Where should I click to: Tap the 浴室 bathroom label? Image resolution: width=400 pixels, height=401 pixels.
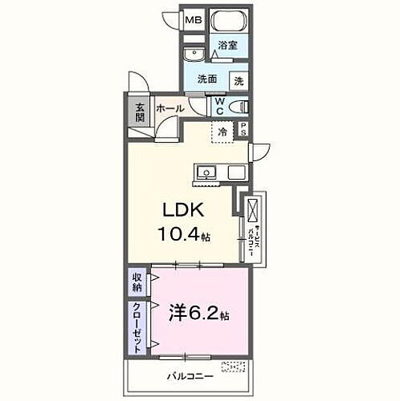[228, 47]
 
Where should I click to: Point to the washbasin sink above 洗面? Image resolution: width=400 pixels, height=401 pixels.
[194, 55]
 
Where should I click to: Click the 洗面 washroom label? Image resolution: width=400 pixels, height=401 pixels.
[208, 79]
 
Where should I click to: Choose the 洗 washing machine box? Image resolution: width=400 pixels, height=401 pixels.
[239, 79]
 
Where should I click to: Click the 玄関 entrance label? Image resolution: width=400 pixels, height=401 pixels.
[140, 111]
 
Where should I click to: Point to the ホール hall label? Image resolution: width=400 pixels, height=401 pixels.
[169, 108]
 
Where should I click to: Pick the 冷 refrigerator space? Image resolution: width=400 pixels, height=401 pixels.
[222, 131]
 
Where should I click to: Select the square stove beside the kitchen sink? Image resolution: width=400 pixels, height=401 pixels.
[235, 171]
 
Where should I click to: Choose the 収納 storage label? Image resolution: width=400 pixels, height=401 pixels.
[138, 282]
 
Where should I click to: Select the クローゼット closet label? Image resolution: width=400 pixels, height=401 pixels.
[138, 328]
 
